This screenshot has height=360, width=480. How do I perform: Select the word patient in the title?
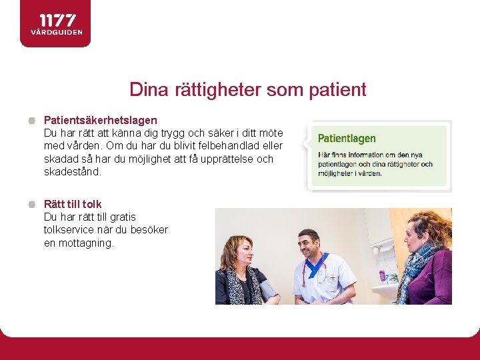pyautogui.click(x=338, y=89)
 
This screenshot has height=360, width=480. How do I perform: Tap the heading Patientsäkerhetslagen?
pyautogui.click(x=101, y=120)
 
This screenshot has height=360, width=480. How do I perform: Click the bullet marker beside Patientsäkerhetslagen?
pyautogui.click(x=32, y=121)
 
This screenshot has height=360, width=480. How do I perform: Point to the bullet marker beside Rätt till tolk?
pyautogui.click(x=32, y=205)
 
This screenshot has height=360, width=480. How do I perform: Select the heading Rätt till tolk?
pyautogui.click(x=73, y=204)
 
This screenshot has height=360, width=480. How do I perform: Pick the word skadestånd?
pyautogui.click(x=73, y=171)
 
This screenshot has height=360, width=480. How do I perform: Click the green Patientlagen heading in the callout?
pyautogui.click(x=347, y=139)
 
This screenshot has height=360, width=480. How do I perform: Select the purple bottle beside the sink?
pyautogui.click(x=382, y=275)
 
